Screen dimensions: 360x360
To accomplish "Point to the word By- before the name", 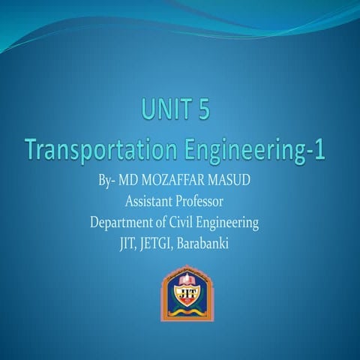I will pyautogui.click(x=107, y=181).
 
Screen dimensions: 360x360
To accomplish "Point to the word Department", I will pyautogui.click(x=124, y=222).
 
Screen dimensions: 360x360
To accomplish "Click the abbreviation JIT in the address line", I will pyautogui.click(x=128, y=242).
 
